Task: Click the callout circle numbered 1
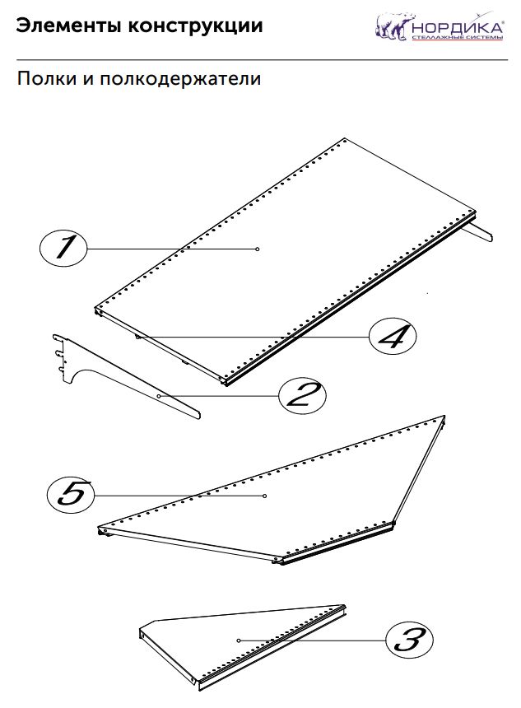click(63, 249)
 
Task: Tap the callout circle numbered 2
click(302, 395)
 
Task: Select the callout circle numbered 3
click(409, 640)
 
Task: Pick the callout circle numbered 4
click(393, 336)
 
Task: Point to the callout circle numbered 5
click(71, 495)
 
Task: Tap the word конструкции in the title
click(195, 26)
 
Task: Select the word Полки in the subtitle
click(46, 79)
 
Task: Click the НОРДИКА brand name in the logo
click(458, 27)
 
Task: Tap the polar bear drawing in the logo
click(393, 26)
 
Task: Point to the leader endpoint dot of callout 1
click(258, 249)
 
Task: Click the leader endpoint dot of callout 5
click(264, 496)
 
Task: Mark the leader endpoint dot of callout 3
click(239, 640)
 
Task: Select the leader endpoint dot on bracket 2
click(159, 396)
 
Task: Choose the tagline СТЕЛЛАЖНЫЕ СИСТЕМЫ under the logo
click(457, 38)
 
